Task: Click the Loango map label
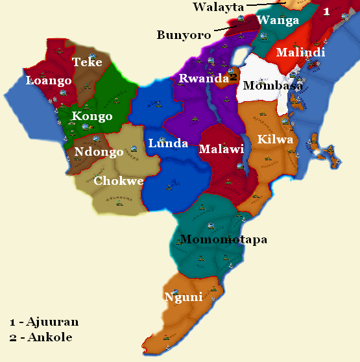coord(49,81)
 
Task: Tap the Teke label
coord(87,62)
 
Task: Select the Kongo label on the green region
coord(92,117)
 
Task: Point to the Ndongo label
coord(99,152)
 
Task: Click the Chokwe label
coord(119,181)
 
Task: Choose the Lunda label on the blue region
coord(168,143)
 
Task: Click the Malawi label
coord(221,149)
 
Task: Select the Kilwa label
coord(275,139)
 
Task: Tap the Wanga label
coord(278,20)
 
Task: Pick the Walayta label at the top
coord(218,7)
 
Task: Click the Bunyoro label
coord(184,35)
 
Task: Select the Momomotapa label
coord(224,240)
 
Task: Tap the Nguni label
coord(183,297)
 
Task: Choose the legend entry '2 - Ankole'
coord(41,337)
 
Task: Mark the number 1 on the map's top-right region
coord(326,11)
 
